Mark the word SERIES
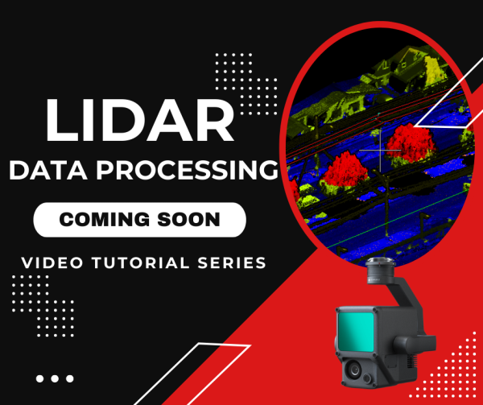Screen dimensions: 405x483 point(230,262)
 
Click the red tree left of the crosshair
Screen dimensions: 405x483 point(344,172)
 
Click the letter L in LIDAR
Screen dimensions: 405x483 point(63,119)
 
